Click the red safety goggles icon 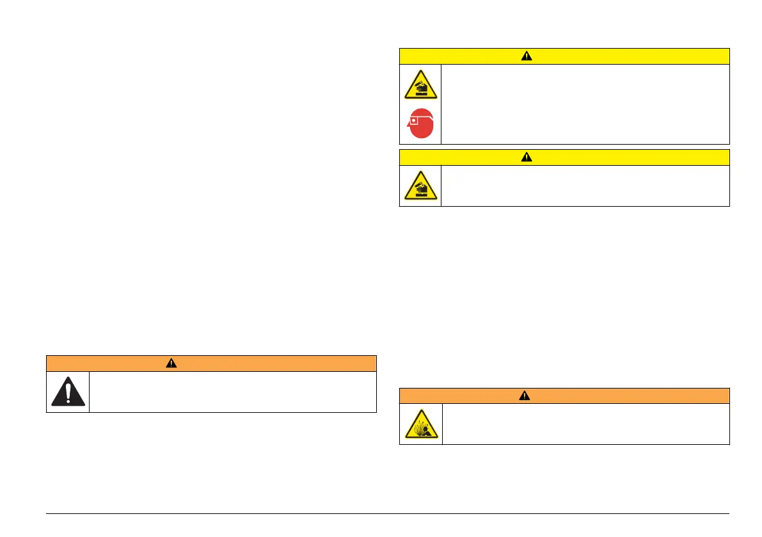click(x=421, y=124)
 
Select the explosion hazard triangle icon click(x=420, y=425)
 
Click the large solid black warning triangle click(x=67, y=392)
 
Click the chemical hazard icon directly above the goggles click(x=420, y=84)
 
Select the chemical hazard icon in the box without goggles click(x=420, y=186)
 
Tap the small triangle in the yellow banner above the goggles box click(x=526, y=56)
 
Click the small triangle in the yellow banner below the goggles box click(x=526, y=157)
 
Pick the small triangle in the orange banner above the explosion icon click(x=526, y=396)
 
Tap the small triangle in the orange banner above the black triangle click(x=171, y=364)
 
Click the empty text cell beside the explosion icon click(x=585, y=424)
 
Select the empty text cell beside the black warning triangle click(x=232, y=392)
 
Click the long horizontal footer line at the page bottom click(x=388, y=513)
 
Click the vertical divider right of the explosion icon click(x=442, y=424)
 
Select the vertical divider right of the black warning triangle click(x=89, y=392)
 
